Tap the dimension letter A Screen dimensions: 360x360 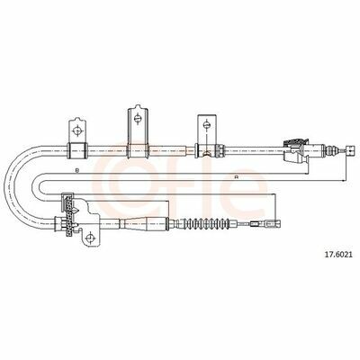pos(237,177)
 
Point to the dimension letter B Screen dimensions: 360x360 pos(77,170)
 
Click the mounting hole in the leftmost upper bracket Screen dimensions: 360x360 pos(77,130)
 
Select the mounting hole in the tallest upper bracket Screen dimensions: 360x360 pos(138,119)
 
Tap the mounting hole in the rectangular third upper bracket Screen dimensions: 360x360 pos(206,124)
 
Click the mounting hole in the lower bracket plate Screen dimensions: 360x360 pos(88,238)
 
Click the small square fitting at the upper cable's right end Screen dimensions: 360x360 pos(349,149)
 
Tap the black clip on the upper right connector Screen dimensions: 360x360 pos(295,142)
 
